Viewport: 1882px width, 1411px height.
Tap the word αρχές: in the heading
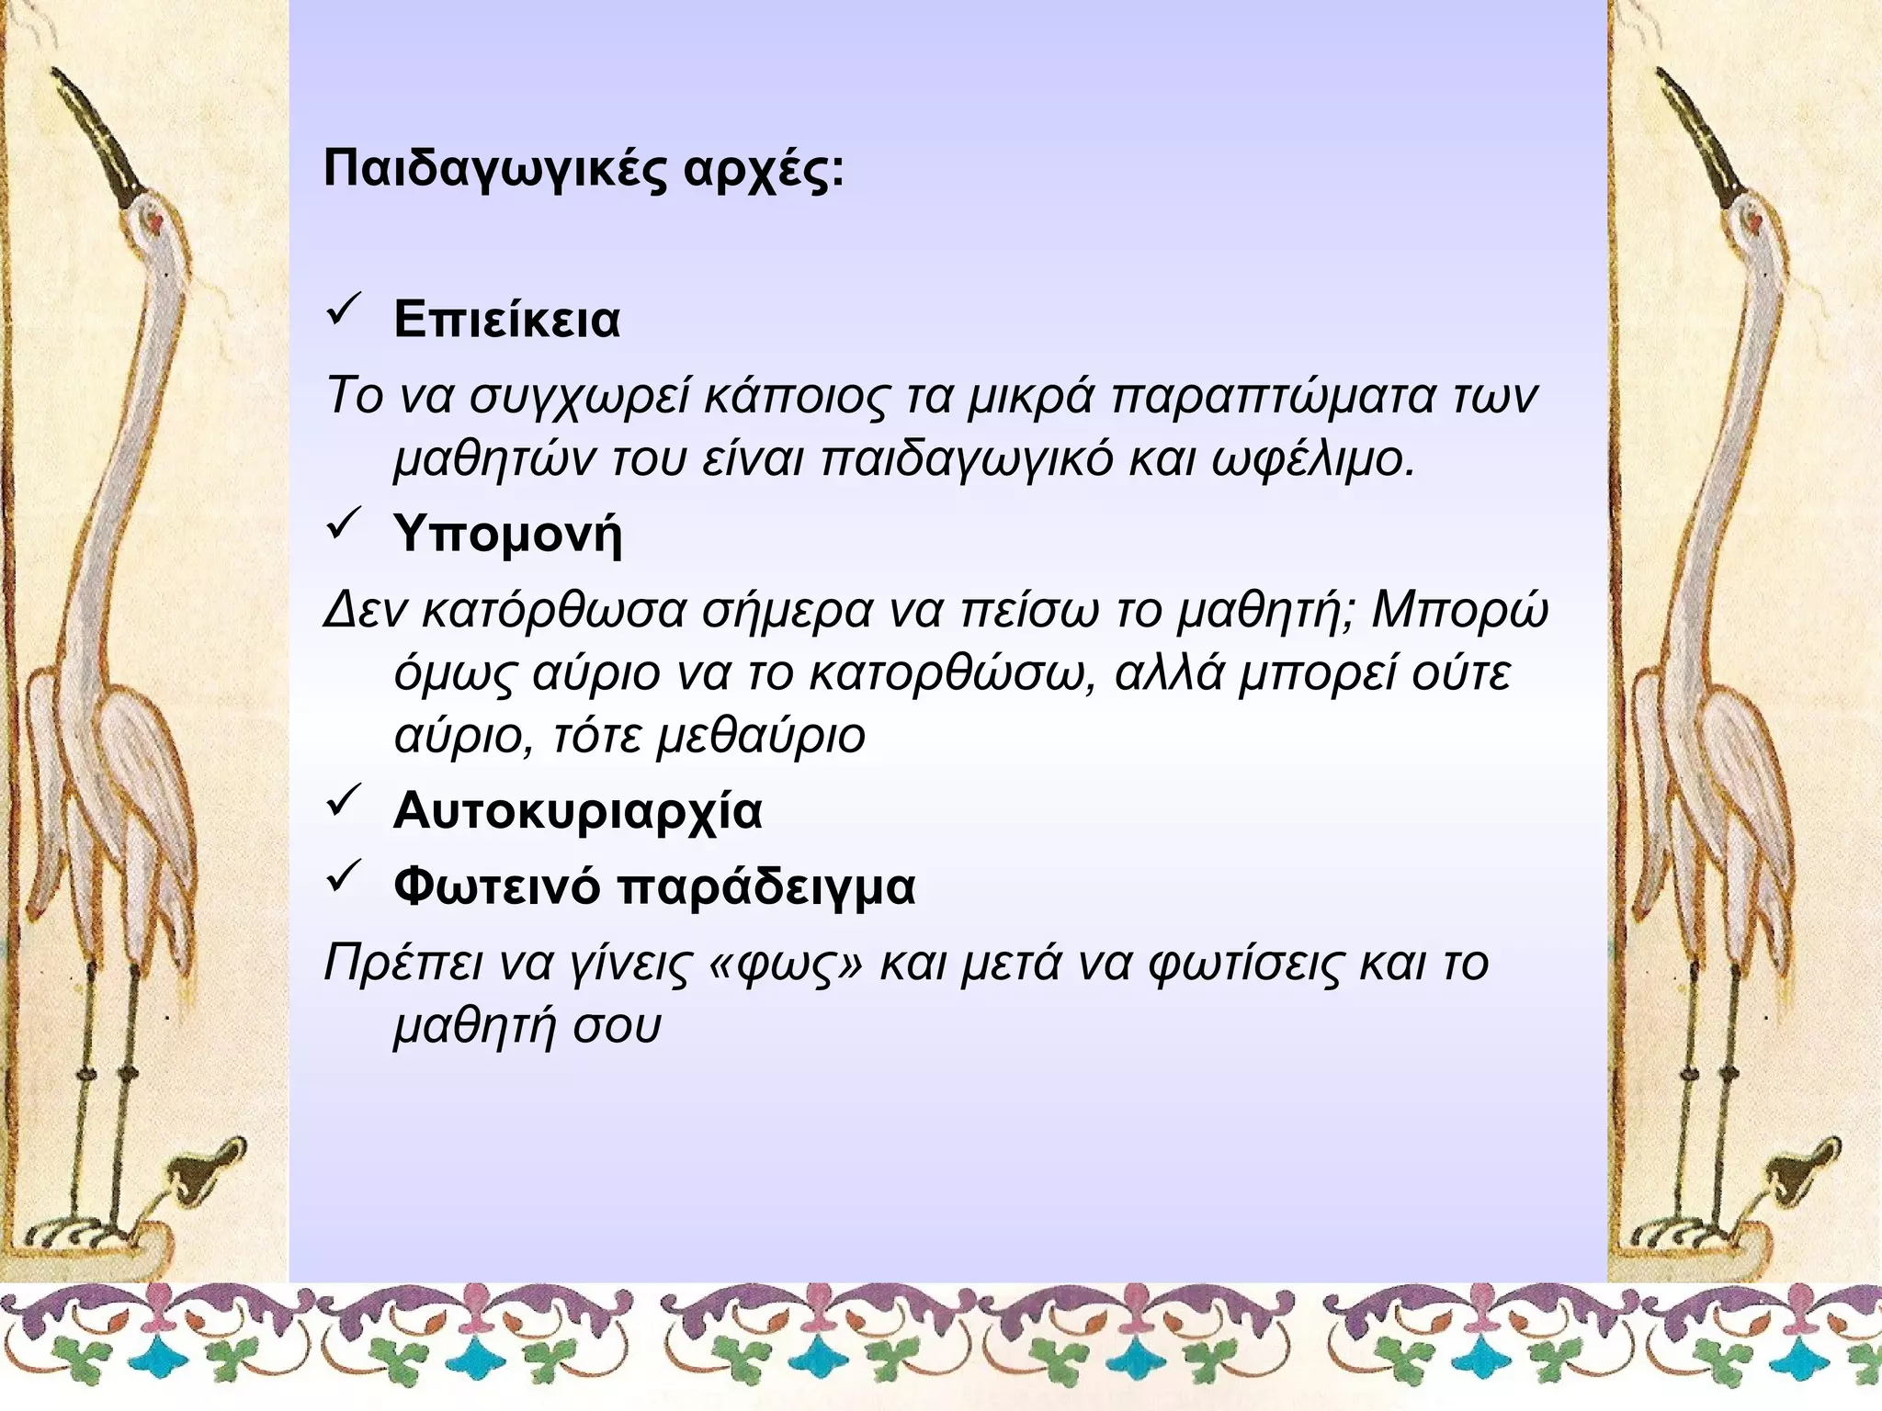coord(763,170)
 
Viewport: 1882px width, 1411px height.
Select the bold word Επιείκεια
coord(506,321)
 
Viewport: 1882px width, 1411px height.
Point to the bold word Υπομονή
coord(507,534)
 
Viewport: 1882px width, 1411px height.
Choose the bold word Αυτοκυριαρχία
coord(577,812)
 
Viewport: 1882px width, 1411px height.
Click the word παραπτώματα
coord(1274,398)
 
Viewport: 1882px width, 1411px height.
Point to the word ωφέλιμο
coord(1313,459)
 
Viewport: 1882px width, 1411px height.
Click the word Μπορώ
coord(1459,611)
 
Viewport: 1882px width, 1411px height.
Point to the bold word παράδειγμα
coord(765,887)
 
